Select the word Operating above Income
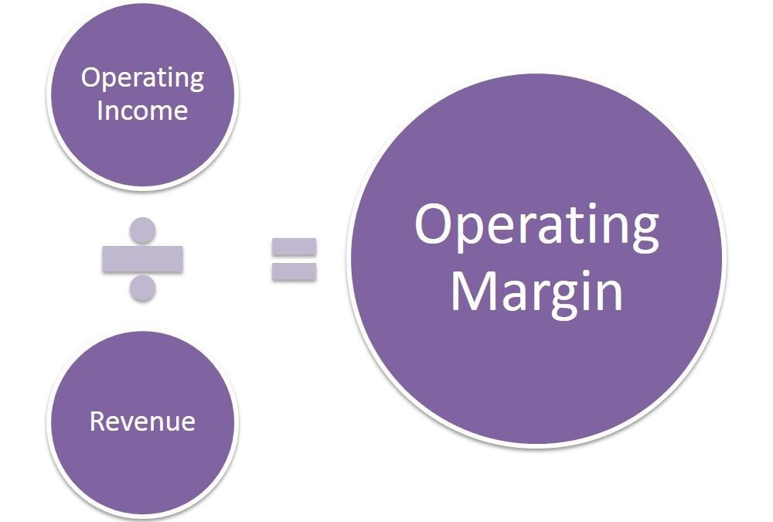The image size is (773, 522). click(142, 78)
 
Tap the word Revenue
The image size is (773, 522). click(142, 421)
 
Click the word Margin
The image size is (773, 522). click(537, 294)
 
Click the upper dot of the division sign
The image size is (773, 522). click(142, 230)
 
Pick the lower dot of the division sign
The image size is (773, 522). click(142, 288)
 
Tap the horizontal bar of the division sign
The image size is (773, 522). click(142, 259)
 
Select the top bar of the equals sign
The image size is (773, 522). click(295, 247)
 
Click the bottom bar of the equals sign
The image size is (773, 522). click(295, 271)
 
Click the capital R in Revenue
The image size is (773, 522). click(97, 421)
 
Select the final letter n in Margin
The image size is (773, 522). click(609, 295)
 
